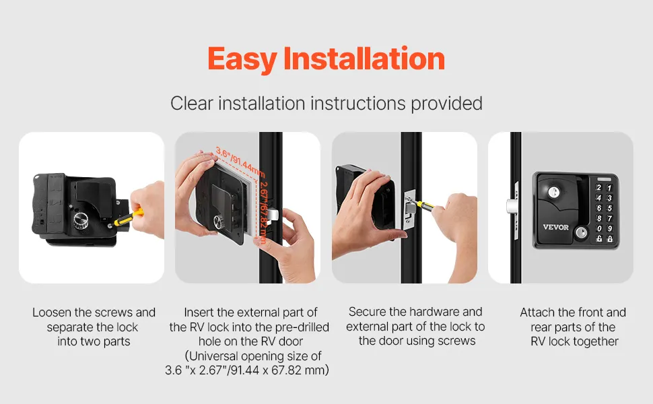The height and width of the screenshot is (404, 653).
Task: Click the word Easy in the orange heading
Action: click(242, 59)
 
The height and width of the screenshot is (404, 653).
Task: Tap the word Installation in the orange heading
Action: click(364, 59)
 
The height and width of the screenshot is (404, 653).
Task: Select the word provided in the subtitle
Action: click(447, 104)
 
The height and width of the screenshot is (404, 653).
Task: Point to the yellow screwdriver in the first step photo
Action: click(129, 217)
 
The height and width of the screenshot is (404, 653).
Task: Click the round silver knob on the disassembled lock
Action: click(81, 219)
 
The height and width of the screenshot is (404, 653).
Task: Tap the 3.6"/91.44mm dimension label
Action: click(240, 162)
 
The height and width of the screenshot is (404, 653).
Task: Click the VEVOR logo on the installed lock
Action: click(555, 228)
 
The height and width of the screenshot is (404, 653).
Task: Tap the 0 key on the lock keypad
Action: click(599, 228)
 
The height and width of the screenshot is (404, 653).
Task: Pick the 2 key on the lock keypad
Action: click(599, 188)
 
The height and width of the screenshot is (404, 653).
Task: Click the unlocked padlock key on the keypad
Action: click(599, 238)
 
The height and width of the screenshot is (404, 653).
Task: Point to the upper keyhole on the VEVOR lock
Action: click(553, 192)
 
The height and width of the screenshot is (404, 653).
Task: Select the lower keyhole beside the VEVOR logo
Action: click(580, 232)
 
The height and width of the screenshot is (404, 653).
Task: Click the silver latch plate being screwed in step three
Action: click(410, 209)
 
